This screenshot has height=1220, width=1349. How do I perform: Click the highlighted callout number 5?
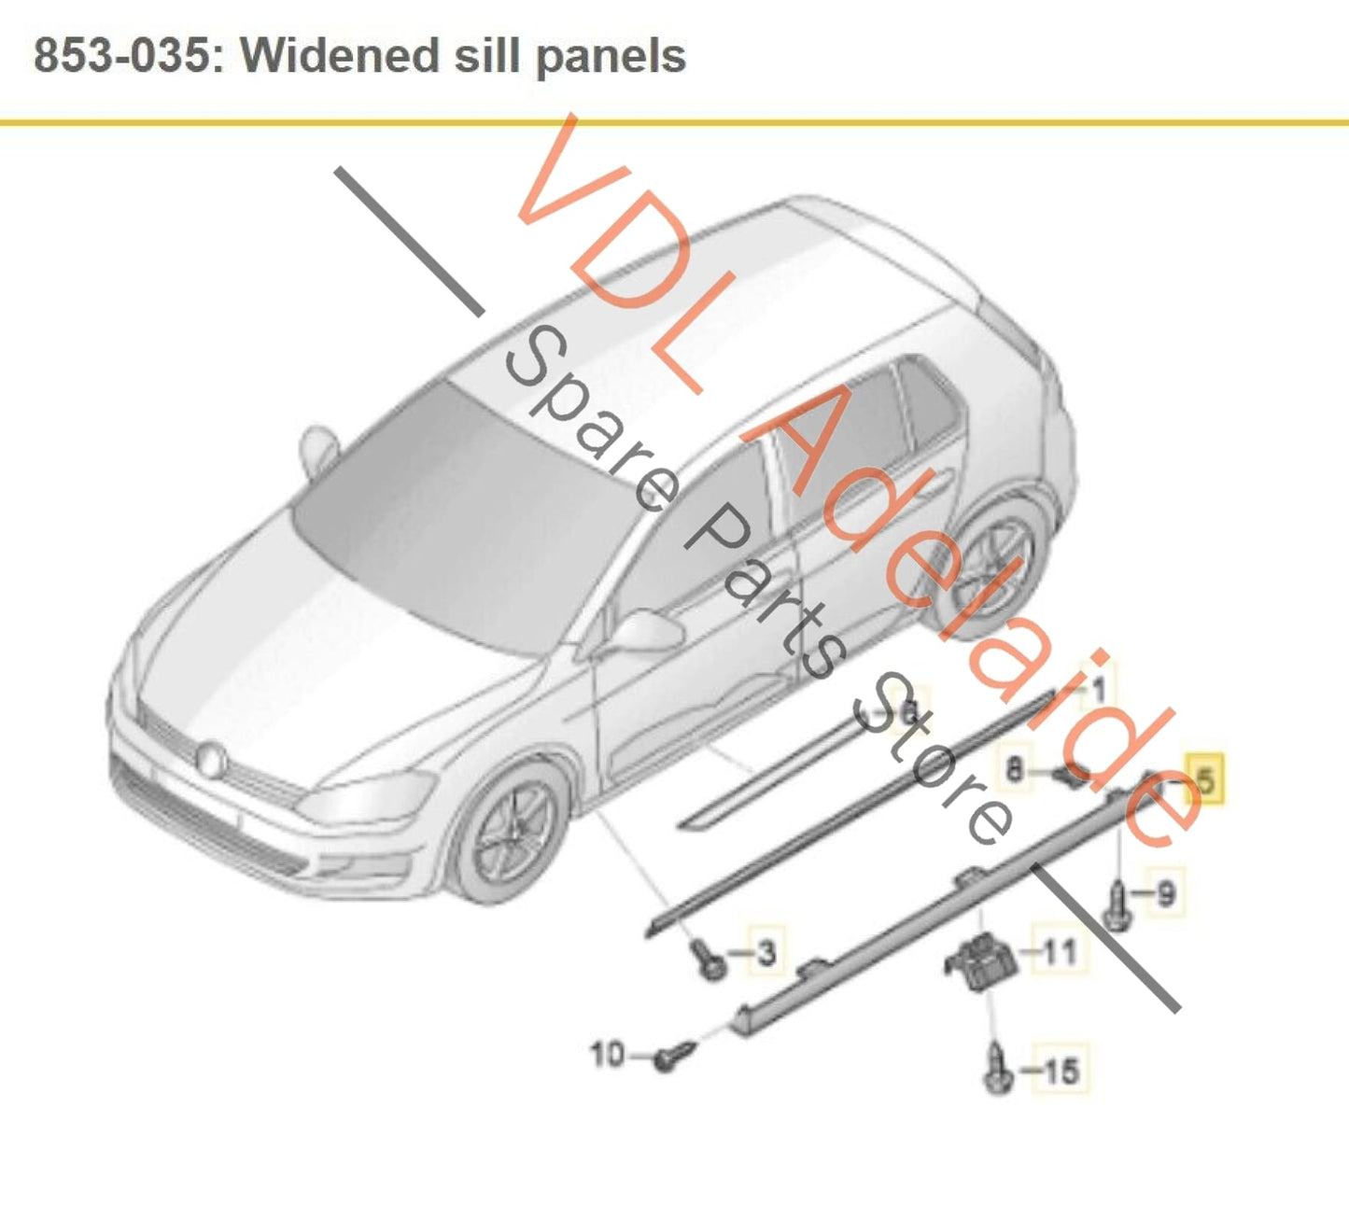1205,779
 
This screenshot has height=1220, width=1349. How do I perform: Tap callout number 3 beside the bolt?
766,953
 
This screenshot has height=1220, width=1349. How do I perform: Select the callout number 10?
607,1055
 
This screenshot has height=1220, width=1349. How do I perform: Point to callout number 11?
1059,952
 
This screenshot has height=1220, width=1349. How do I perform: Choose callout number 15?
1060,1071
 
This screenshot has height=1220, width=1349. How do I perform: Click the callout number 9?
1166,893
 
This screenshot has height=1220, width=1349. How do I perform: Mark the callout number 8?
1014,770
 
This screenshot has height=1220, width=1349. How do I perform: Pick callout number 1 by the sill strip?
1099,689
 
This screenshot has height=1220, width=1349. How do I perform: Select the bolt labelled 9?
1117,905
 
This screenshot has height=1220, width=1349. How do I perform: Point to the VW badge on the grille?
213,759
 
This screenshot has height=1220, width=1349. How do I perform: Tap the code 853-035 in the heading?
121,56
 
